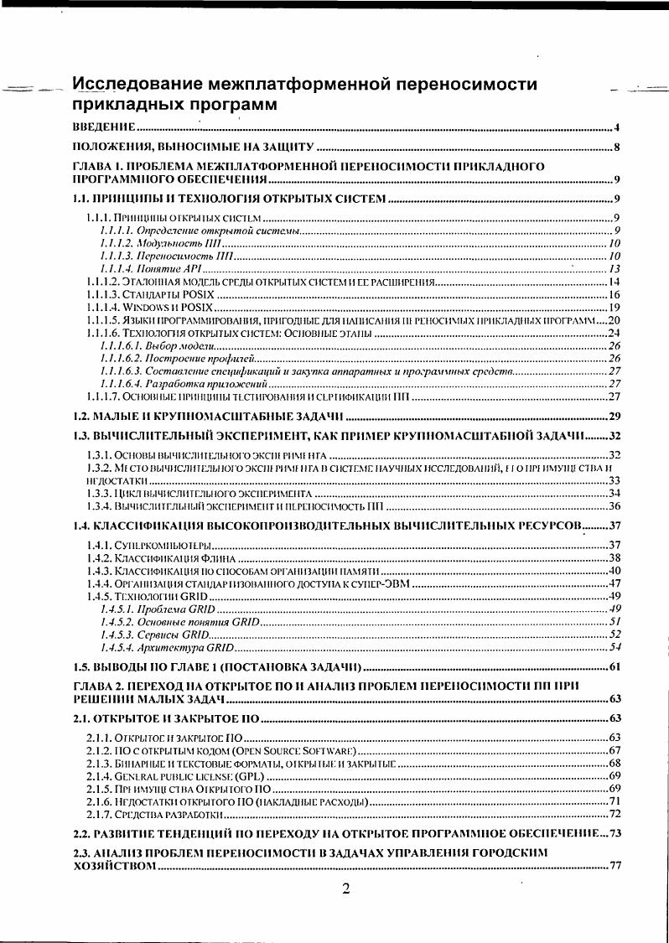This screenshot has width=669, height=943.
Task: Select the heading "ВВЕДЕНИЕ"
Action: point(104,128)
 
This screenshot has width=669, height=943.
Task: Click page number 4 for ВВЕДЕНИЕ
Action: point(616,128)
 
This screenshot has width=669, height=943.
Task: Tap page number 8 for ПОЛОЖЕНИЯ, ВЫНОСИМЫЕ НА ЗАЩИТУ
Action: point(616,149)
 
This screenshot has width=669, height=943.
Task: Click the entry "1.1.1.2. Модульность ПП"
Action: point(160,243)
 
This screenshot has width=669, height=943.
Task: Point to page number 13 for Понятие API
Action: point(614,269)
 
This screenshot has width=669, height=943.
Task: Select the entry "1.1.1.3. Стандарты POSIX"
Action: point(150,294)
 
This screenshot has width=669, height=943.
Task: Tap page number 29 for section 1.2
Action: point(614,417)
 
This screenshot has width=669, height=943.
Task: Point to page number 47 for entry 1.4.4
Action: point(614,583)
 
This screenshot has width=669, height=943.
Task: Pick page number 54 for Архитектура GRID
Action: point(614,647)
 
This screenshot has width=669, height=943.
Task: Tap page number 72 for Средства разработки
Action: point(614,814)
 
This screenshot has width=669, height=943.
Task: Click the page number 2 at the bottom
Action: point(345,889)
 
